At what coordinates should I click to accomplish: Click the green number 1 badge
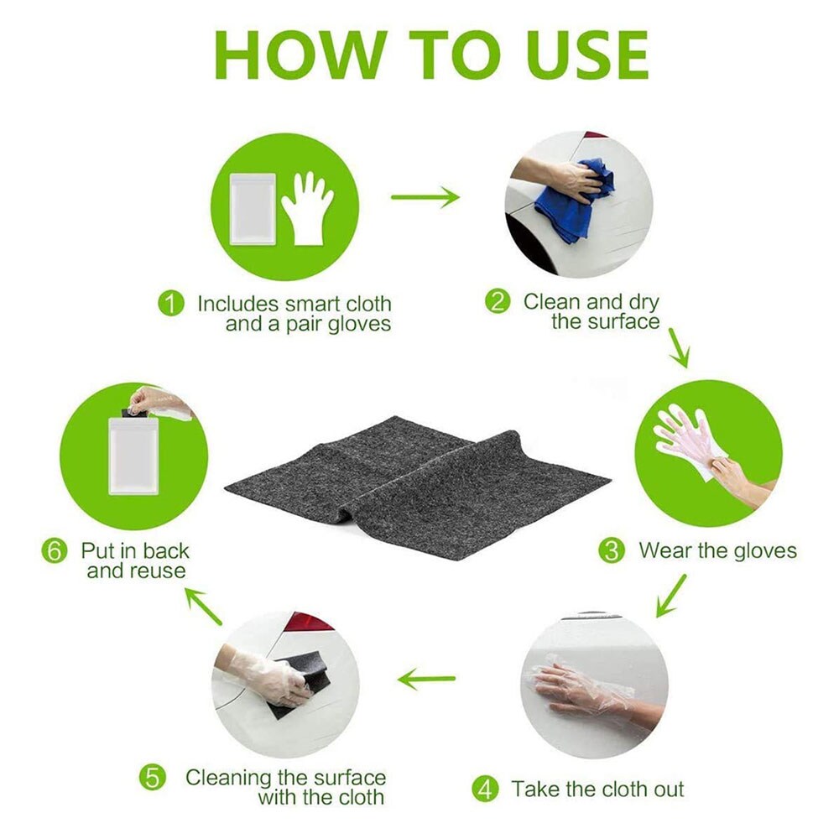pos(171,304)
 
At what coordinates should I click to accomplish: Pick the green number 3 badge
pos(612,550)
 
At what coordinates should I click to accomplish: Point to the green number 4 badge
pos(485,789)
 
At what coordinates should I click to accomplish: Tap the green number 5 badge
pos(153,778)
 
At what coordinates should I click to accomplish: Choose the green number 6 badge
pos(55,550)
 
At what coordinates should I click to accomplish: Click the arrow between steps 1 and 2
pos(425,197)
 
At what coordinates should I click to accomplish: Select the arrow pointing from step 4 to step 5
pos(426,679)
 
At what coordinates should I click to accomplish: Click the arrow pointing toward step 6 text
pos(203,606)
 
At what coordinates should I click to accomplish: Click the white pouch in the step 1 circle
pos(253,209)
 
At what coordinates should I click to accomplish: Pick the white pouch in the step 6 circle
pos(133,456)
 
